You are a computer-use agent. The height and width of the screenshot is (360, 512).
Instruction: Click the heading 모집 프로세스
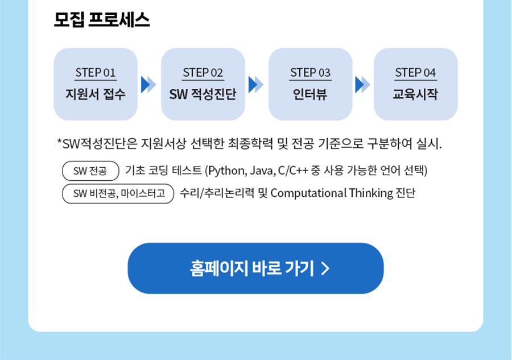(x=102, y=20)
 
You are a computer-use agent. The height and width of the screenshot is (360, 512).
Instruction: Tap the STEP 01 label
(x=96, y=72)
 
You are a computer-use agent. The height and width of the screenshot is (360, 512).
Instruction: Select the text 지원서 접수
(x=96, y=94)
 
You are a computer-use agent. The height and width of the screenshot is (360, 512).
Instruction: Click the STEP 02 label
(x=203, y=72)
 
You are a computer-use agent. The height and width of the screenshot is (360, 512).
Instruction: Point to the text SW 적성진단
(x=203, y=94)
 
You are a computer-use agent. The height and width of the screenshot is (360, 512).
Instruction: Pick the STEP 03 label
(x=310, y=72)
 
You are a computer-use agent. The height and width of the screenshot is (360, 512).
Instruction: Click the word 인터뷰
(x=310, y=94)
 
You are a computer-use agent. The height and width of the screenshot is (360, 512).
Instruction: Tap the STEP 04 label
(x=415, y=72)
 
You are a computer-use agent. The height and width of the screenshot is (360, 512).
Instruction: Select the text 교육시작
(x=415, y=94)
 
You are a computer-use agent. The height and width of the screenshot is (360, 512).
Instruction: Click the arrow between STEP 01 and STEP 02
(x=148, y=85)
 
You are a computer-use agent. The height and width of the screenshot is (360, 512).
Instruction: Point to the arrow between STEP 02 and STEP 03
(x=256, y=85)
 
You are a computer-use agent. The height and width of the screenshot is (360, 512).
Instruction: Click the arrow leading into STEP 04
(x=363, y=85)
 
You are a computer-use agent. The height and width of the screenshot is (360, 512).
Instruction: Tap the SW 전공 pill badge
(x=90, y=171)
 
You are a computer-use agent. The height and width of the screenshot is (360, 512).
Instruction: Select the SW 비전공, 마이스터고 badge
(x=118, y=193)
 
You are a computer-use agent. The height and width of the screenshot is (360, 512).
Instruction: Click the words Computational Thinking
(x=332, y=193)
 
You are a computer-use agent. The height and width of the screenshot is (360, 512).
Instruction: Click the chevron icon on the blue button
(x=325, y=268)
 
